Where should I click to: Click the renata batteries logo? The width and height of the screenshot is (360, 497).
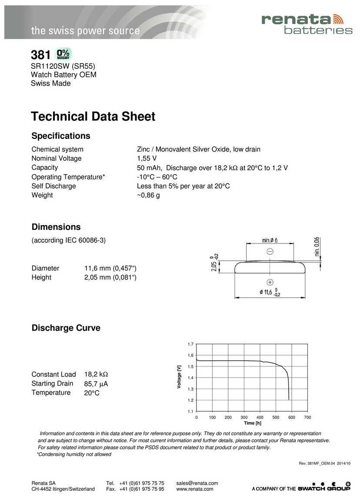pyautogui.click(x=307, y=24)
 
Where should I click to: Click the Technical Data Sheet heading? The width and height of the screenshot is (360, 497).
pyautogui.click(x=93, y=117)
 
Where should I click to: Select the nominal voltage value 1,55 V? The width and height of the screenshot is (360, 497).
pyautogui.click(x=147, y=158)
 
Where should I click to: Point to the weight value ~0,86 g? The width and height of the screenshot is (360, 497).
pyautogui.click(x=148, y=195)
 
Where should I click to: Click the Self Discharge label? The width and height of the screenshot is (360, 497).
pyautogui.click(x=53, y=186)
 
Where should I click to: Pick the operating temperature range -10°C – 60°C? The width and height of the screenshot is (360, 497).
pyautogui.click(x=157, y=177)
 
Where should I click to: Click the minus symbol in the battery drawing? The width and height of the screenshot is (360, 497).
pyautogui.click(x=270, y=251)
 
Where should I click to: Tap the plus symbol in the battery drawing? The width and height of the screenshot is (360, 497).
pyautogui.click(x=270, y=282)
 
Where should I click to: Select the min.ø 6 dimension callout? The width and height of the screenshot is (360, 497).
pyautogui.click(x=270, y=240)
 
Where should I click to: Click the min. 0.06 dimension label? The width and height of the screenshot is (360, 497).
pyautogui.click(x=317, y=247)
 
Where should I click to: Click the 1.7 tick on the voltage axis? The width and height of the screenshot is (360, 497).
pyautogui.click(x=190, y=344)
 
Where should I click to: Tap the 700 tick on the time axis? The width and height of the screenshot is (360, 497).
pyautogui.click(x=307, y=417)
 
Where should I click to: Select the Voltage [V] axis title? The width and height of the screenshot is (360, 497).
pyautogui.click(x=179, y=377)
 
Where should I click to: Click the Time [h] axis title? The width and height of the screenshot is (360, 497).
pyautogui.click(x=253, y=423)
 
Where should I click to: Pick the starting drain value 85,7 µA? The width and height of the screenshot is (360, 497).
pyautogui.click(x=96, y=384)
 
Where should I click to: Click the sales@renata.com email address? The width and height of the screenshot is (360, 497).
pyautogui.click(x=197, y=483)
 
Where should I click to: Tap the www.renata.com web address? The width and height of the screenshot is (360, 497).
pyautogui.click(x=195, y=489)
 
